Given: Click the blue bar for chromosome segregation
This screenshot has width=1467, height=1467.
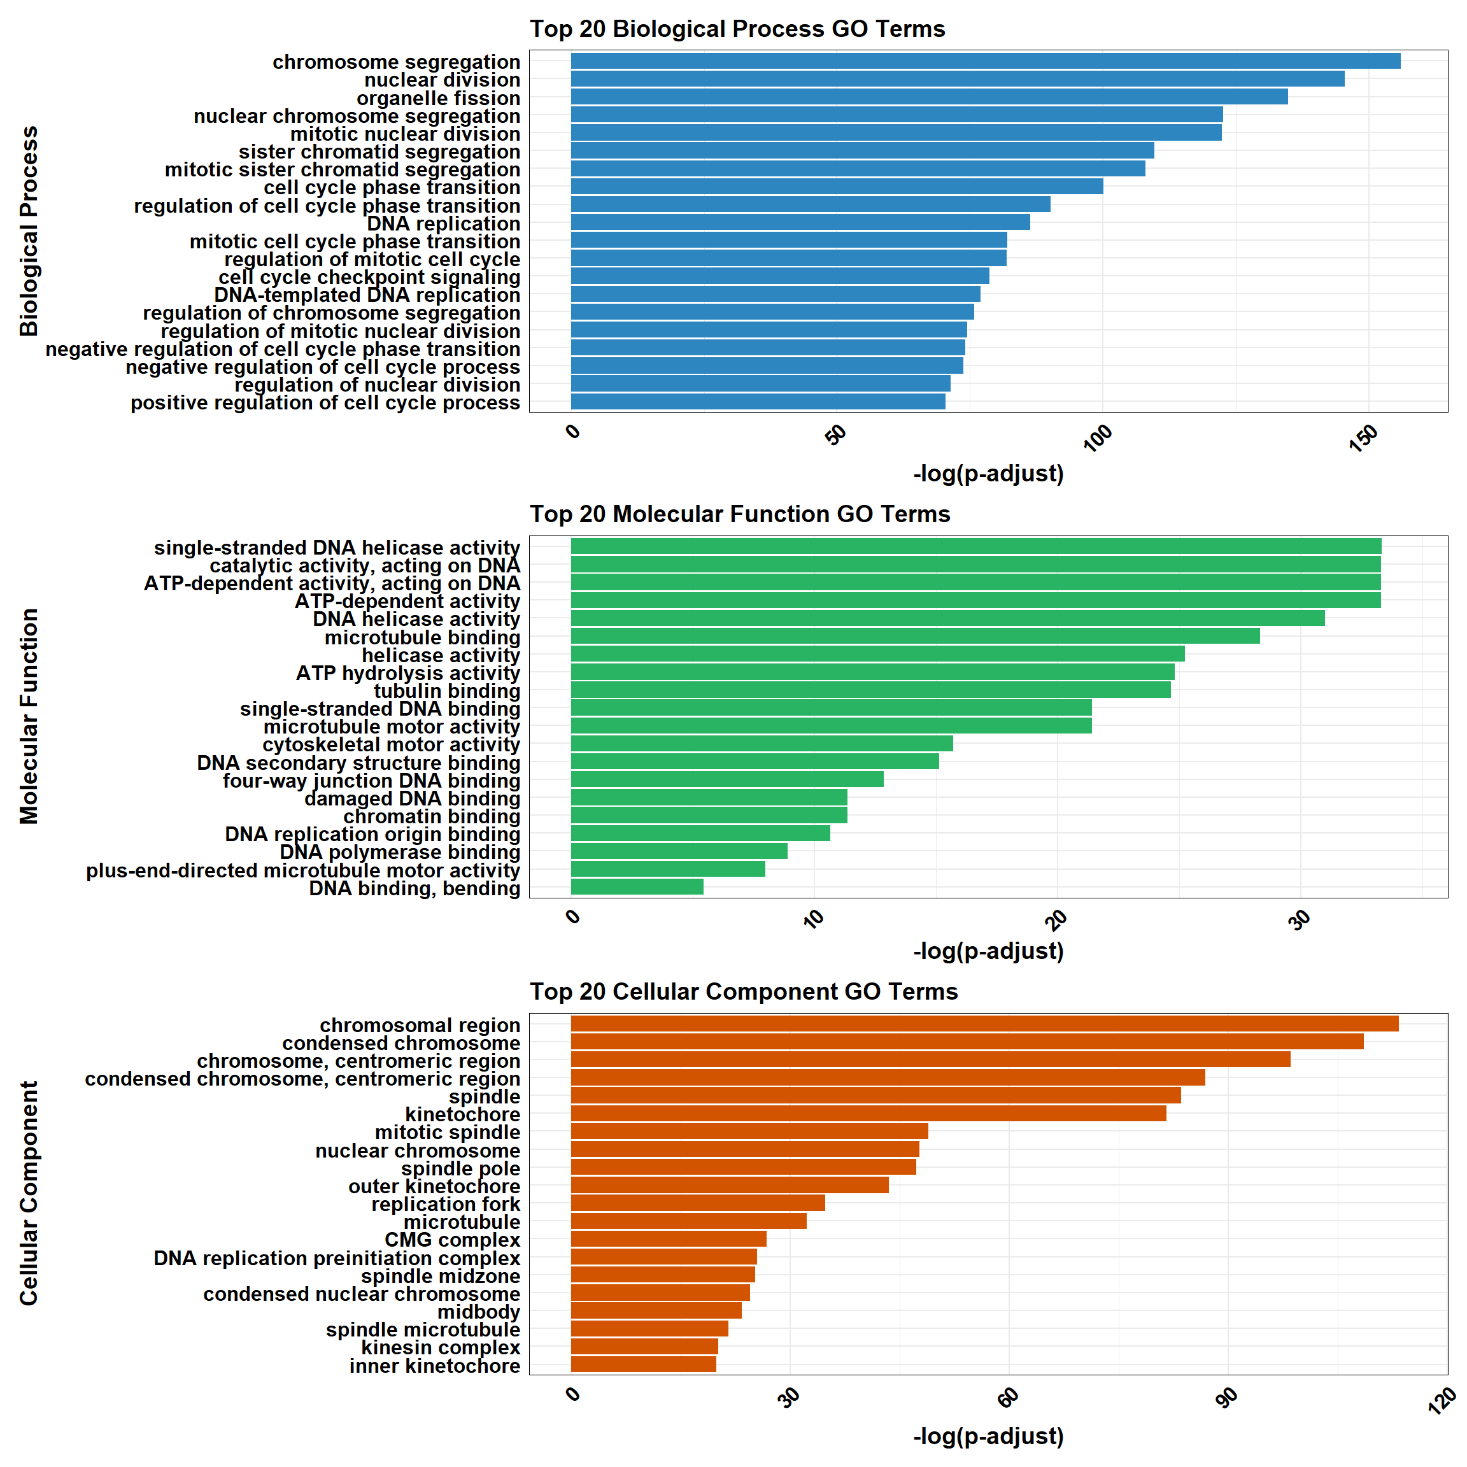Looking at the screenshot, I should point(985,60).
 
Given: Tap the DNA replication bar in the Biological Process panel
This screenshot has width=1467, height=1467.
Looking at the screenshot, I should point(800,222).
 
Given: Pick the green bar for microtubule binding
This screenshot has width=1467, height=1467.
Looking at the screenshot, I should point(914,636).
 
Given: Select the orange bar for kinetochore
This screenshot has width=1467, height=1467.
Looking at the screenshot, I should point(868,1114).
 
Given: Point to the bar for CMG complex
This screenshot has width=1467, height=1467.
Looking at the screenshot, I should point(668,1239).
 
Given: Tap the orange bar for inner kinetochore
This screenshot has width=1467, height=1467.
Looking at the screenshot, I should point(643,1364).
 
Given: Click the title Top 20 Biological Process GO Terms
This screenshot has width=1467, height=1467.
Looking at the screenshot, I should point(737,29).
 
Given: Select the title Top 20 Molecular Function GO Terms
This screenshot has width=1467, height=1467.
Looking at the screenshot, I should point(740,514).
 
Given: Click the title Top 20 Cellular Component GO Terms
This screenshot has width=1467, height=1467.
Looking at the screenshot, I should point(744,991).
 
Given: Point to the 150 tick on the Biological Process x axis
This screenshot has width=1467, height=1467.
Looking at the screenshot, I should point(1364,438).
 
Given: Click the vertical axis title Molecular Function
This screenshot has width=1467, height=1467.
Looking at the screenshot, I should point(29,716).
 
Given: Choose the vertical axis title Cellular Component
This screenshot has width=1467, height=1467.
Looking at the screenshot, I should point(29,1193).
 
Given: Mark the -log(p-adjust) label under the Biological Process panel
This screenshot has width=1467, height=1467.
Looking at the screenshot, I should point(988,474).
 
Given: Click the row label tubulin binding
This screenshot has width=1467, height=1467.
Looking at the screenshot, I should point(446,691).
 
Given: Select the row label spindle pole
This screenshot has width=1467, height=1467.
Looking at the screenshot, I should point(460,1168).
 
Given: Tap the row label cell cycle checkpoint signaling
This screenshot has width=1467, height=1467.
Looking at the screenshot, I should point(369,277).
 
